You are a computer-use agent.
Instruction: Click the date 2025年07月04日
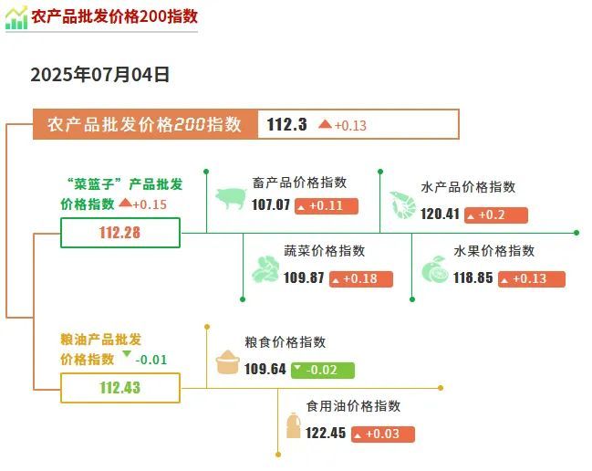tap(100, 75)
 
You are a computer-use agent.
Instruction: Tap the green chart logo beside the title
tap(16, 17)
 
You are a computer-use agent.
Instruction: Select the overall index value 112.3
tap(287, 124)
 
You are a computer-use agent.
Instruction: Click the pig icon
tap(231, 198)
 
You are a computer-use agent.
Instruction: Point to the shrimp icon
tap(403, 205)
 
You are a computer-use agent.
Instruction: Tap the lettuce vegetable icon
tap(265, 269)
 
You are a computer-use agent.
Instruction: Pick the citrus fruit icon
tap(435, 269)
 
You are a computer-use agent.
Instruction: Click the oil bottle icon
tap(294, 425)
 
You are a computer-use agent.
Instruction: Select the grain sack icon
tap(228, 361)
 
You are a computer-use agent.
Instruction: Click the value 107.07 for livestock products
tap(271, 205)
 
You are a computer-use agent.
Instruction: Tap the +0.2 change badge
tap(495, 215)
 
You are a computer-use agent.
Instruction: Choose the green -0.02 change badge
tap(323, 371)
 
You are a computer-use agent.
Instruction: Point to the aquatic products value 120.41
tap(440, 215)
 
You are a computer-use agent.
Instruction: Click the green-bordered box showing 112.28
tap(120, 233)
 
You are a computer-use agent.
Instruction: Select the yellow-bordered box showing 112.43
tap(120, 388)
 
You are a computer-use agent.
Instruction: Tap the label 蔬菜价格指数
tap(325, 251)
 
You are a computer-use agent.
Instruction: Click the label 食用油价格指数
tap(353, 406)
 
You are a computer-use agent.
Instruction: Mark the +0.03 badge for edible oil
tap(383, 434)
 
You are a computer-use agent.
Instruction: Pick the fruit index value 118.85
tap(473, 278)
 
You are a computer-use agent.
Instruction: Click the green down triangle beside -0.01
tap(127, 354)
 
